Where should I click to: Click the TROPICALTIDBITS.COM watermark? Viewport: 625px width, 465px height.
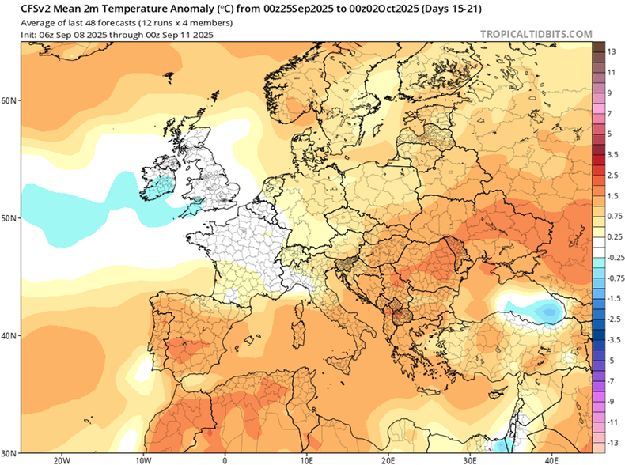coord(536,34)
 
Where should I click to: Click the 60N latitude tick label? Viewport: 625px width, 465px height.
coord(9,100)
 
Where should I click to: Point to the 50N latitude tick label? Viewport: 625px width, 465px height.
coord(9,217)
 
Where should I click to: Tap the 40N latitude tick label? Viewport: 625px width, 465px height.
coord(9,335)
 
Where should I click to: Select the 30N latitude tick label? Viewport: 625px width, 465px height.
coord(9,452)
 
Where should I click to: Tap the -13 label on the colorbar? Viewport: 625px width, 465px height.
coord(612,442)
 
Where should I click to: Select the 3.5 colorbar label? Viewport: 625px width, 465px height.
coord(612,154)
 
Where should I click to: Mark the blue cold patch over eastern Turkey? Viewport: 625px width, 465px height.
coord(540,311)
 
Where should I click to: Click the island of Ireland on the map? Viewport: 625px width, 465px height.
coord(157,182)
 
